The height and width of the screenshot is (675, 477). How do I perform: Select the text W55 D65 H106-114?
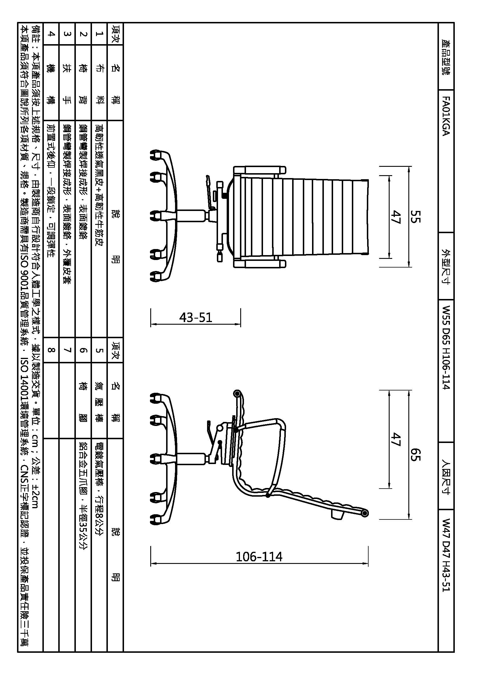446,347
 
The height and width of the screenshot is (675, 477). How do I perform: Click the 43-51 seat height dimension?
196,317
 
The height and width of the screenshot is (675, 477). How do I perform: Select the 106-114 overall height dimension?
259,556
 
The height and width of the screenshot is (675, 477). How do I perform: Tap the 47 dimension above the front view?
396,217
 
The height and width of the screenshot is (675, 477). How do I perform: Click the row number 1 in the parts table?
99,34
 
